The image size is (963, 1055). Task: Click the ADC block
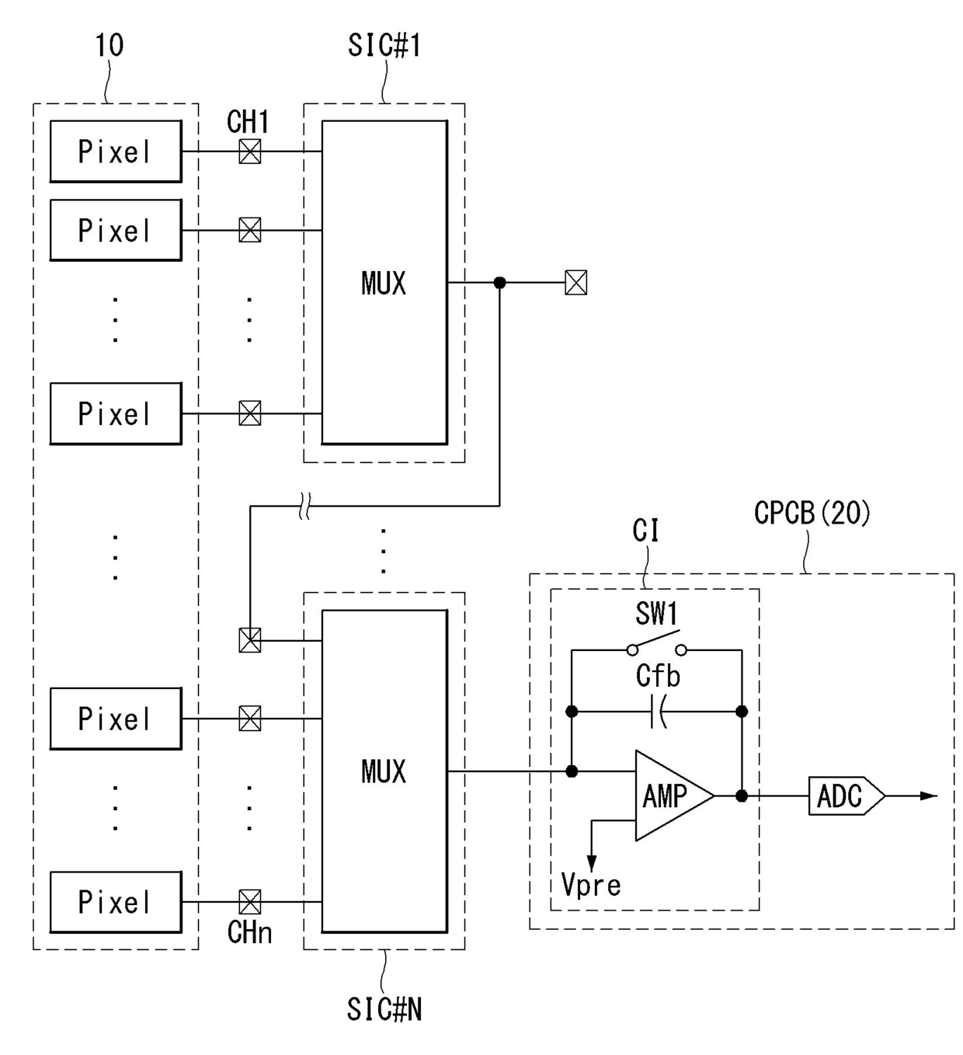click(x=847, y=796)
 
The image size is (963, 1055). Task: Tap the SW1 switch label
click(x=656, y=613)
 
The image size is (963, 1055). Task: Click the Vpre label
click(x=591, y=884)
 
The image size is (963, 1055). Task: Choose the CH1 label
click(x=248, y=122)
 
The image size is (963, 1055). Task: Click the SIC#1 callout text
click(x=384, y=45)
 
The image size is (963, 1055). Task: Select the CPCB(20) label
click(x=812, y=513)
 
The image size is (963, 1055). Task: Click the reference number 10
click(x=110, y=45)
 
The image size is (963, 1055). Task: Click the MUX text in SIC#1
click(x=384, y=283)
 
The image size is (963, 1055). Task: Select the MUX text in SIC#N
click(x=384, y=771)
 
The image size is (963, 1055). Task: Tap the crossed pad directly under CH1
click(x=250, y=151)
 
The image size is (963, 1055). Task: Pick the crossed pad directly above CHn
click(x=250, y=902)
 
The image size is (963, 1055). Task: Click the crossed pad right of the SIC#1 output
click(x=576, y=283)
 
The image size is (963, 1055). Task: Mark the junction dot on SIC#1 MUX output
click(x=499, y=283)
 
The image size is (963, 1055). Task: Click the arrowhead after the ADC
click(x=929, y=796)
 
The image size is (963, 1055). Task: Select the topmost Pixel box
click(x=116, y=151)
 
